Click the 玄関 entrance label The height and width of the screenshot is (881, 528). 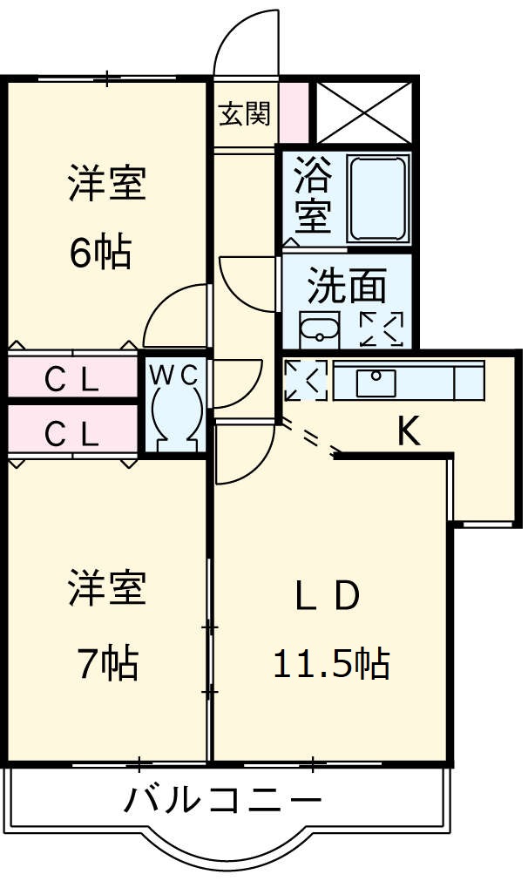(x=243, y=113)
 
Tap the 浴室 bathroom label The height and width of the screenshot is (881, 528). (x=313, y=193)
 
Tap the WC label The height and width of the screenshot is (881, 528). (x=175, y=374)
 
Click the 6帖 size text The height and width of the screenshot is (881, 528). (x=101, y=252)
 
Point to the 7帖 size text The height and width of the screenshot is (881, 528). (x=106, y=665)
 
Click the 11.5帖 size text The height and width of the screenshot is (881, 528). (x=331, y=665)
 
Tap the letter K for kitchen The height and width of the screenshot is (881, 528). (x=408, y=430)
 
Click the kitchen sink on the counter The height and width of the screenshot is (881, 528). (x=376, y=381)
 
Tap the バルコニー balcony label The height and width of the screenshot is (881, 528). (x=222, y=798)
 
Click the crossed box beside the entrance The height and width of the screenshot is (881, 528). (x=362, y=112)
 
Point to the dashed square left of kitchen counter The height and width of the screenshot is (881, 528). (x=305, y=381)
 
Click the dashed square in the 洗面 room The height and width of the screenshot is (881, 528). (x=382, y=329)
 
